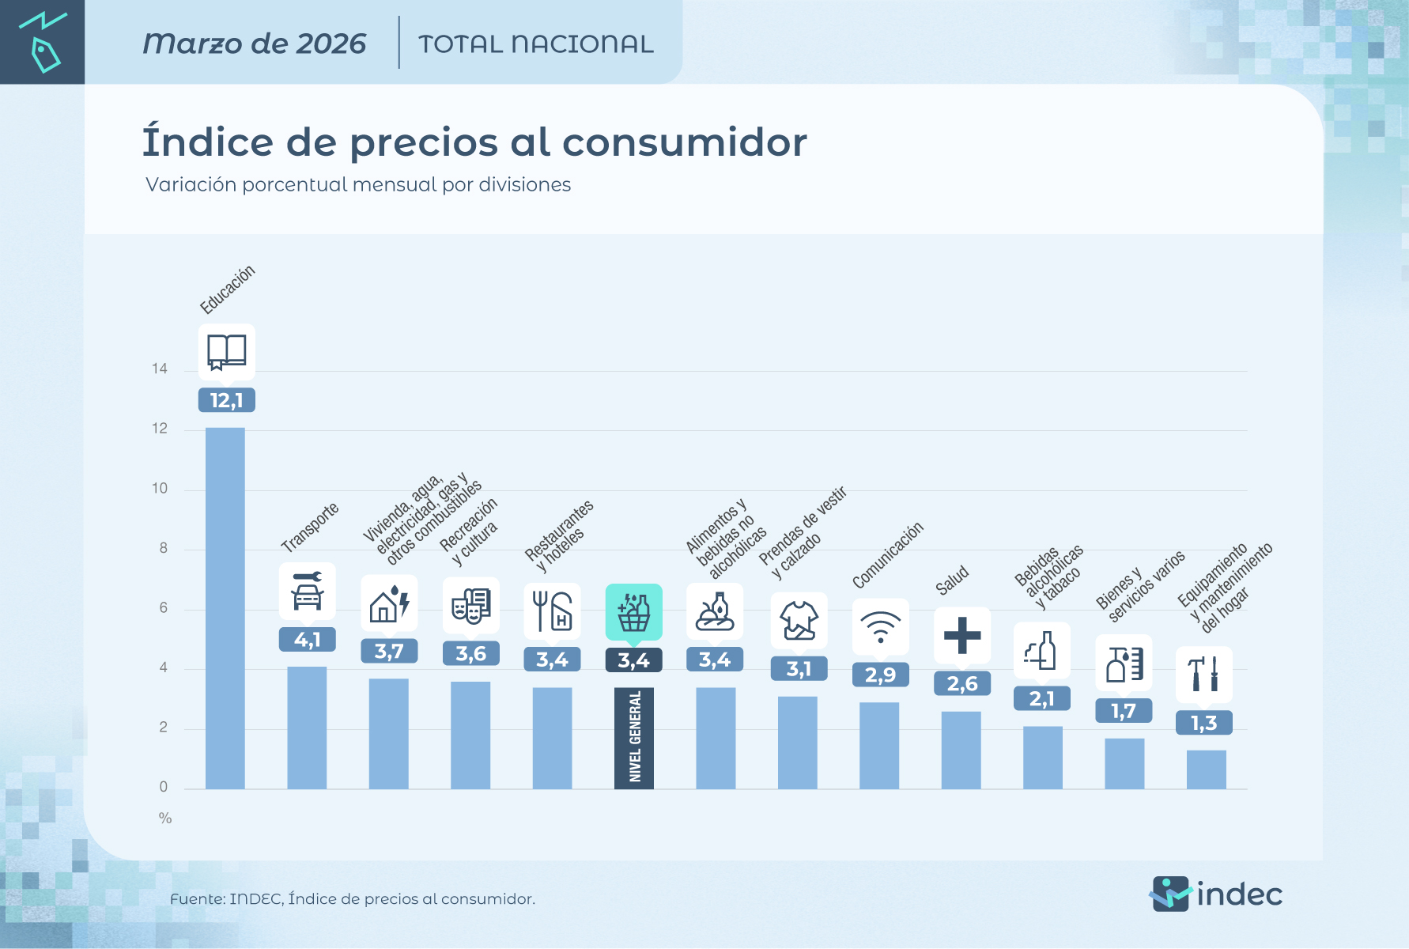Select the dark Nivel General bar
634,737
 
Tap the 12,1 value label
226,401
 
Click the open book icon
226,352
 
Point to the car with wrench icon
308,591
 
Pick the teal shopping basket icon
634,612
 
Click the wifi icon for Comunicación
880,627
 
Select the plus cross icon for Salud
962,635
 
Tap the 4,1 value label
308,640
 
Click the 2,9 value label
880,675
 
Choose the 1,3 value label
1203,723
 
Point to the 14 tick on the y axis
160,369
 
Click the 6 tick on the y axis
164,608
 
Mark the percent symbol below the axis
165,819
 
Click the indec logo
1215,894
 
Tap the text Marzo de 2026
254,43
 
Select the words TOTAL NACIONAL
535,44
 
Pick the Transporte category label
310,527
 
